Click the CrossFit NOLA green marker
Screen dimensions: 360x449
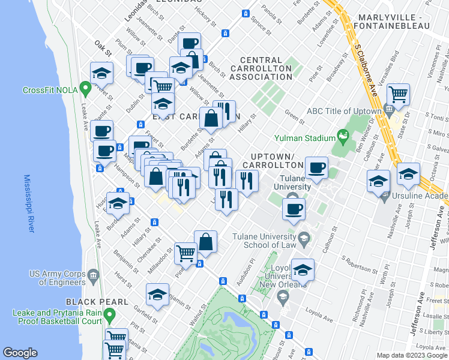tap(86, 90)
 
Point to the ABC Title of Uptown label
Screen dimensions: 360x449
tap(344, 111)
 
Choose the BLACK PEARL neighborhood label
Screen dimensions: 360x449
tap(97, 301)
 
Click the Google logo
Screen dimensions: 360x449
tap(20, 352)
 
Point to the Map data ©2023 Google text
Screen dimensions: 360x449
tap(411, 355)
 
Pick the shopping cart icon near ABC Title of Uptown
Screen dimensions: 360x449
tap(398, 94)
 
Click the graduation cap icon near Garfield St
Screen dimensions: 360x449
tap(157, 295)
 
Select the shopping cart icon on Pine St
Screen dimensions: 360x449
tap(185, 253)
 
